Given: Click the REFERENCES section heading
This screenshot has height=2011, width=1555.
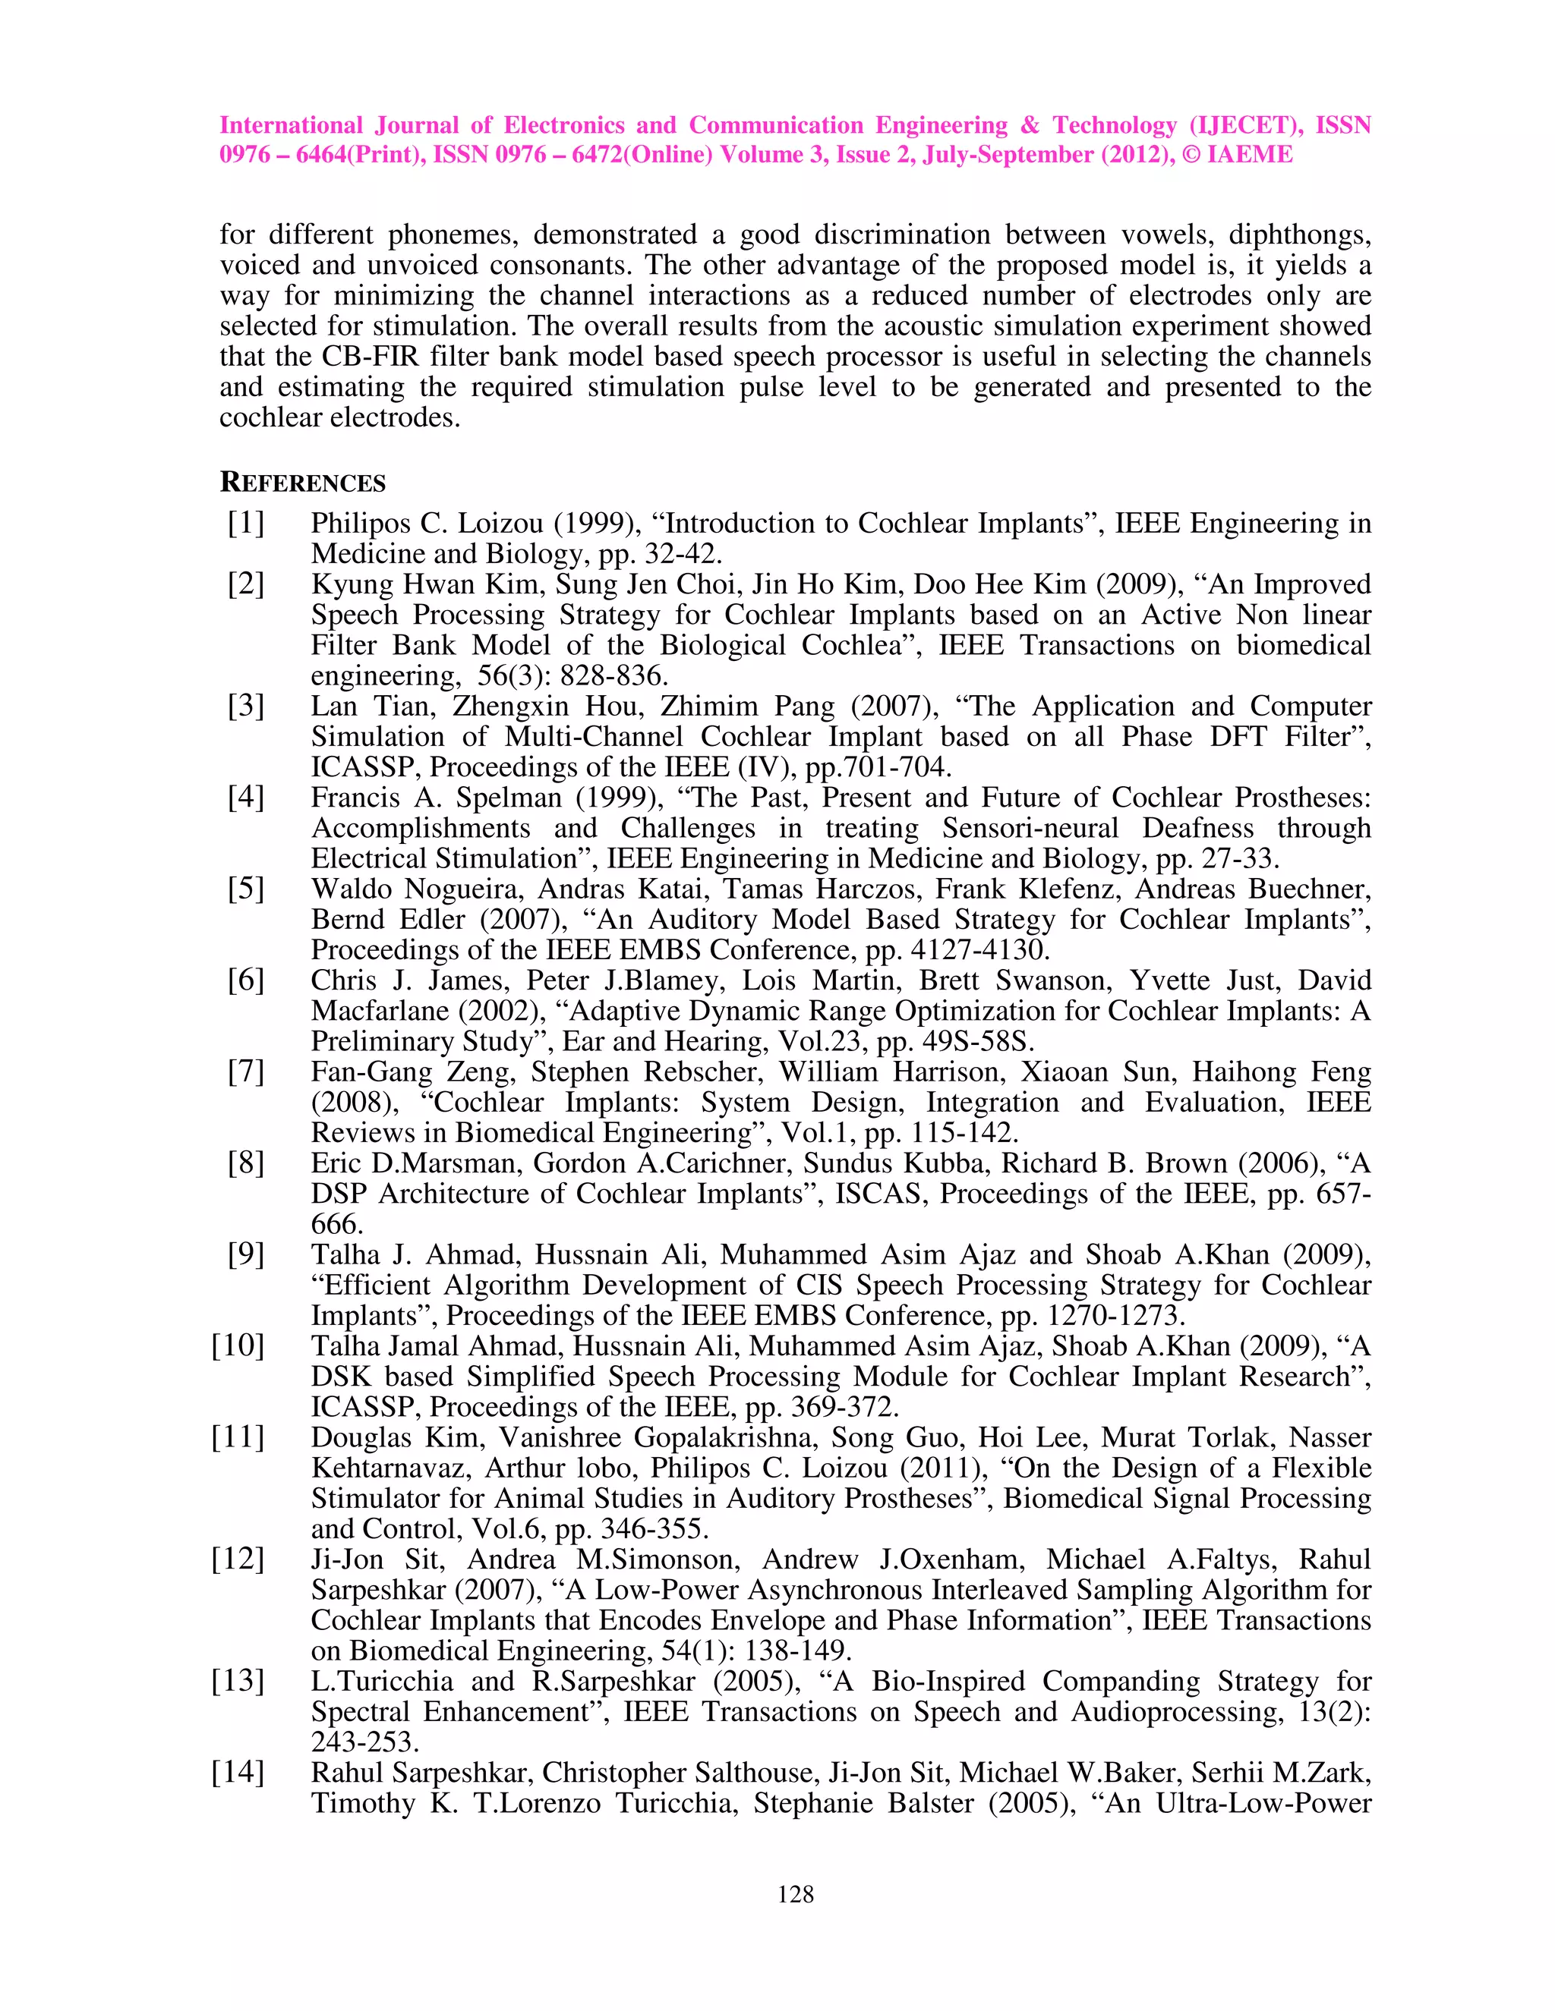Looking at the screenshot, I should pos(302,483).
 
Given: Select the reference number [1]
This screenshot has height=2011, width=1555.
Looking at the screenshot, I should pos(246,523).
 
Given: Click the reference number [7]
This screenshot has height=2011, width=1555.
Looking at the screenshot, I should pos(246,1071).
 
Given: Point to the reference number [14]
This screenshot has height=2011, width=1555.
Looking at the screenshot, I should pos(238,1772).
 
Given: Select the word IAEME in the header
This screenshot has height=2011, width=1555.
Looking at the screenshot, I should pos(1249,155).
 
